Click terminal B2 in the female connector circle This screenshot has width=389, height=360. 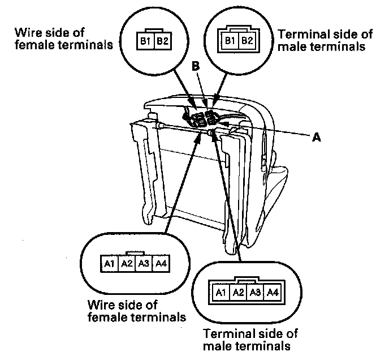point(162,41)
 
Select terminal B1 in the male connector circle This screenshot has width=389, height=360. point(230,41)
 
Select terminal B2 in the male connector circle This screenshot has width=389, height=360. point(247,41)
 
